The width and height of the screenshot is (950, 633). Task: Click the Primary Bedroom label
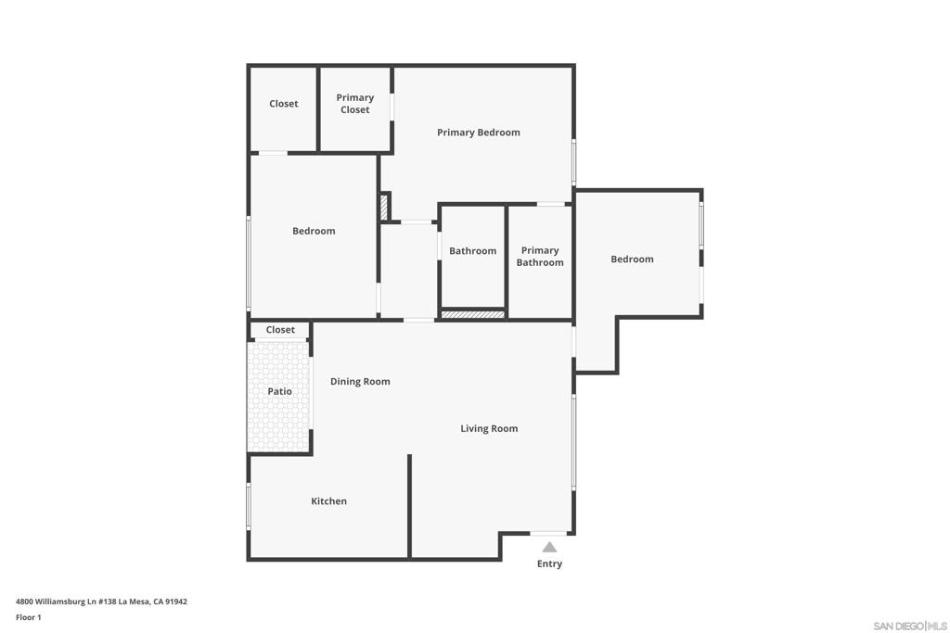(478, 133)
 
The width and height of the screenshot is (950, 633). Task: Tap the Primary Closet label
(355, 104)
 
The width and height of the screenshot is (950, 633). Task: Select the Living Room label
(489, 428)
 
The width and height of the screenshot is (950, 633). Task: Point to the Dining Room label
(360, 381)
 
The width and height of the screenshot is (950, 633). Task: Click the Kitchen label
(329, 501)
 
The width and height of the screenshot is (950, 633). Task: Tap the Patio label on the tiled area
(280, 391)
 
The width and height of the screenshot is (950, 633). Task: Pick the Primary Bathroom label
(540, 256)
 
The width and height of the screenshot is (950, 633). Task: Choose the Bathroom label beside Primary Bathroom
(472, 250)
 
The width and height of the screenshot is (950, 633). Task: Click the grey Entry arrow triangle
(549, 547)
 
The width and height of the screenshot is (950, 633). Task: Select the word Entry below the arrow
(549, 563)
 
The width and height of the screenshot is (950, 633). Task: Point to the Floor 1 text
(29, 617)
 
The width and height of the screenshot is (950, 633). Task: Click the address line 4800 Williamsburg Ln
(101, 601)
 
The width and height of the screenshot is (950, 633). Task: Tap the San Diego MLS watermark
(910, 626)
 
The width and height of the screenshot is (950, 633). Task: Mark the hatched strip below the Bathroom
(472, 315)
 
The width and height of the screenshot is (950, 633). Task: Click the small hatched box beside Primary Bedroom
(384, 208)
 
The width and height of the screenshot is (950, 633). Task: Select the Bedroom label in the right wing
(632, 259)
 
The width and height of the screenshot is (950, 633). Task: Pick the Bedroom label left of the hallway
(314, 231)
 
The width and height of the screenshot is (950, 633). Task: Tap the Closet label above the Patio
(280, 330)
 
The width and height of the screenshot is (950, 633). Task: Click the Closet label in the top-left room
(284, 104)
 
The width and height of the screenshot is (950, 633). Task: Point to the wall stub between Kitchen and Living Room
(409, 506)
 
